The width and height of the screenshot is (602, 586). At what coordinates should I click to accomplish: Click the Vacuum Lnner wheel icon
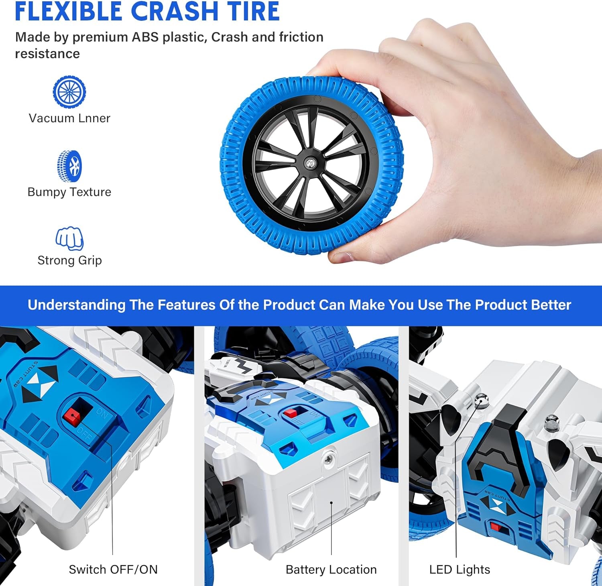[69, 92]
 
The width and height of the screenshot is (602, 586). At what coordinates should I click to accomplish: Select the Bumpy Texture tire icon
[69, 166]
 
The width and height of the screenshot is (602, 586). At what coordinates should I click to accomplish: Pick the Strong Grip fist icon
[69, 238]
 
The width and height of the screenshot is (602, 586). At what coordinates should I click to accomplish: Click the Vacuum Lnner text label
[69, 118]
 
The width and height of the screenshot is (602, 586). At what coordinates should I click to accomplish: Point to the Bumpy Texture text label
[69, 192]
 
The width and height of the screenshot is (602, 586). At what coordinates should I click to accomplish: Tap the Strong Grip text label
[69, 260]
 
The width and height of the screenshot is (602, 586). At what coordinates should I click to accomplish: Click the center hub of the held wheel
[310, 163]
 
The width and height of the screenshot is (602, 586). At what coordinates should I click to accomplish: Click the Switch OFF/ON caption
[113, 570]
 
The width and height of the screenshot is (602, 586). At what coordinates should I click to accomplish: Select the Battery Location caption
[331, 570]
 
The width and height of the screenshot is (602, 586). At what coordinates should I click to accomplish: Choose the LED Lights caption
[460, 570]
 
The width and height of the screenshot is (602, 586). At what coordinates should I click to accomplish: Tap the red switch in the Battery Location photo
[290, 413]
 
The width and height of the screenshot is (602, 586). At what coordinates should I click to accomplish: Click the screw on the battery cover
[329, 457]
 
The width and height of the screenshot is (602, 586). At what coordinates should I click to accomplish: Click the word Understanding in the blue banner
[76, 305]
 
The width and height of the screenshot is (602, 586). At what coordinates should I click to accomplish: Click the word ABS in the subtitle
[145, 37]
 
